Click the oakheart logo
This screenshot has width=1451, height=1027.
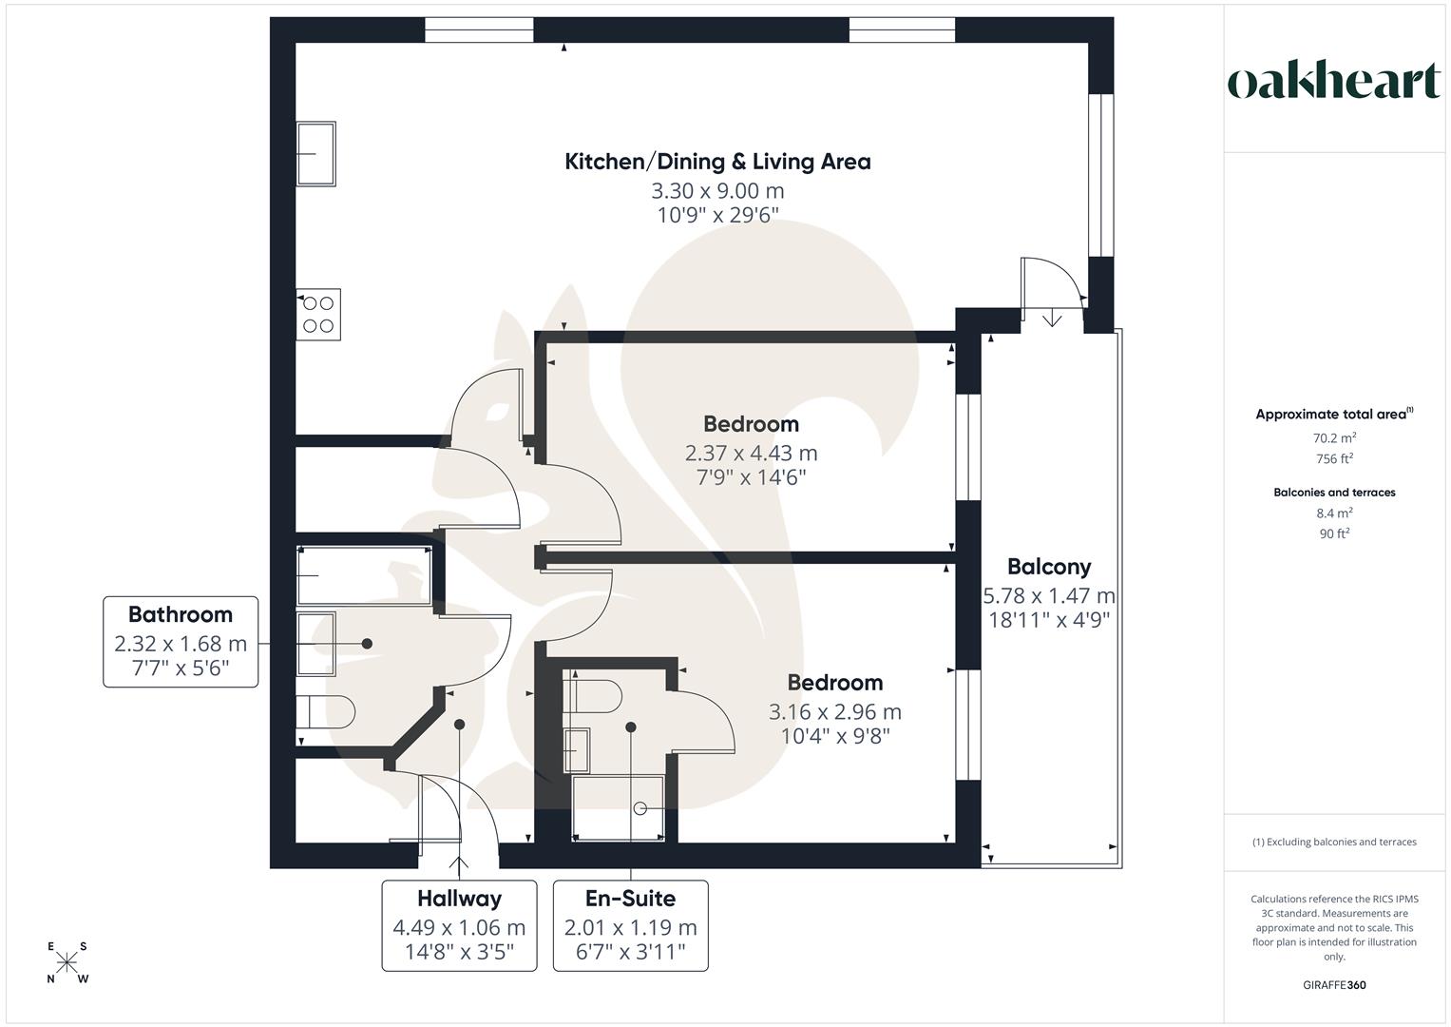tap(1333, 82)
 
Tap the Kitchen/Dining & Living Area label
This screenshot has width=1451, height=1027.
tap(717, 162)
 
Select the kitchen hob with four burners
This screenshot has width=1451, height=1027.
tap(318, 315)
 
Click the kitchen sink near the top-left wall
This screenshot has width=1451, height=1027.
tap(316, 153)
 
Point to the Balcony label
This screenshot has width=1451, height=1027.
tap(1049, 567)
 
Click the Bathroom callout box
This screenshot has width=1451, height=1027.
tap(181, 642)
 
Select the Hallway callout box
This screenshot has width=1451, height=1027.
tap(459, 925)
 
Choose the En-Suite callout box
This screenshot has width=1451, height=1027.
tap(630, 925)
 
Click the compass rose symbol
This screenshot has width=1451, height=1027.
tap(67, 962)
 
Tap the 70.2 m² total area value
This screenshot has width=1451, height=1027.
tap(1334, 438)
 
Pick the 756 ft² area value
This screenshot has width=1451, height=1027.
tap(1334, 458)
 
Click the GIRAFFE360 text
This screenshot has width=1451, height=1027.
tap(1334, 985)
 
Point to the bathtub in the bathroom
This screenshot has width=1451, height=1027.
tap(364, 575)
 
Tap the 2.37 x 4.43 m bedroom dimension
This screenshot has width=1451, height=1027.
tap(751, 453)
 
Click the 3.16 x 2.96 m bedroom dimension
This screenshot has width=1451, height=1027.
tap(834, 711)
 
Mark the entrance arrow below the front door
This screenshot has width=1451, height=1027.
tap(462, 865)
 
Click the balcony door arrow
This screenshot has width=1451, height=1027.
tap(1052, 319)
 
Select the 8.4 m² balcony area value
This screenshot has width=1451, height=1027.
tap(1334, 513)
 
